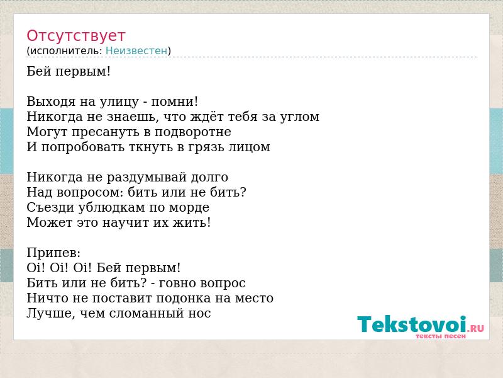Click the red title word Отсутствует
tap(75, 35)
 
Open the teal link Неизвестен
tap(136, 50)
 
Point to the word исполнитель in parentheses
tap(66, 50)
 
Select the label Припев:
tap(53, 253)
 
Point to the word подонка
tap(184, 298)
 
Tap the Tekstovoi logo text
tap(412, 324)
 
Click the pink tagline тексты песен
tap(441, 336)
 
